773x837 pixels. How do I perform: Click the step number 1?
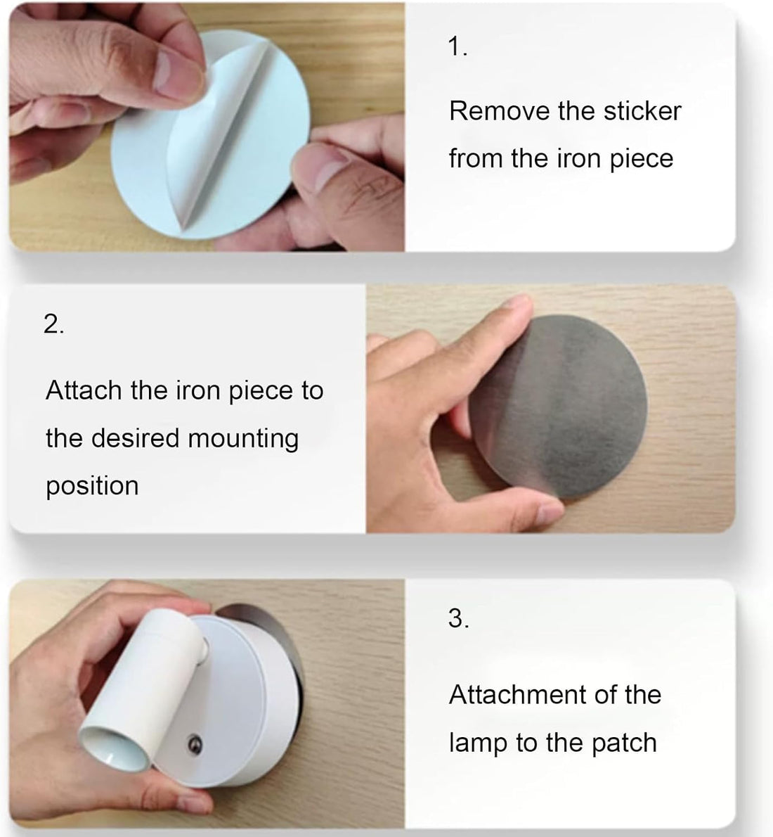click(457, 47)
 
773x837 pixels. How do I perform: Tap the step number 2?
click(53, 324)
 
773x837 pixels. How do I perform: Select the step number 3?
click(458, 618)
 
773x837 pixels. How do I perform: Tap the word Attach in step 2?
click(84, 390)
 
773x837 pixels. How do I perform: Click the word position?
click(92, 486)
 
